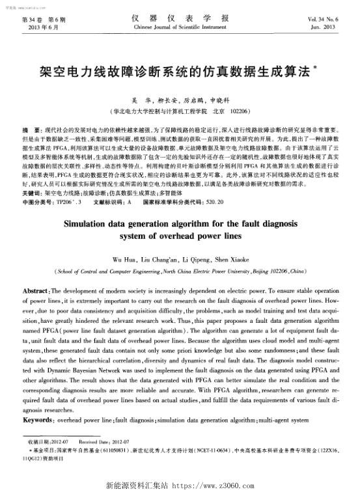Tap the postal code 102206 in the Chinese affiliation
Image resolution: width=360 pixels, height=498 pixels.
click(x=233, y=111)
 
